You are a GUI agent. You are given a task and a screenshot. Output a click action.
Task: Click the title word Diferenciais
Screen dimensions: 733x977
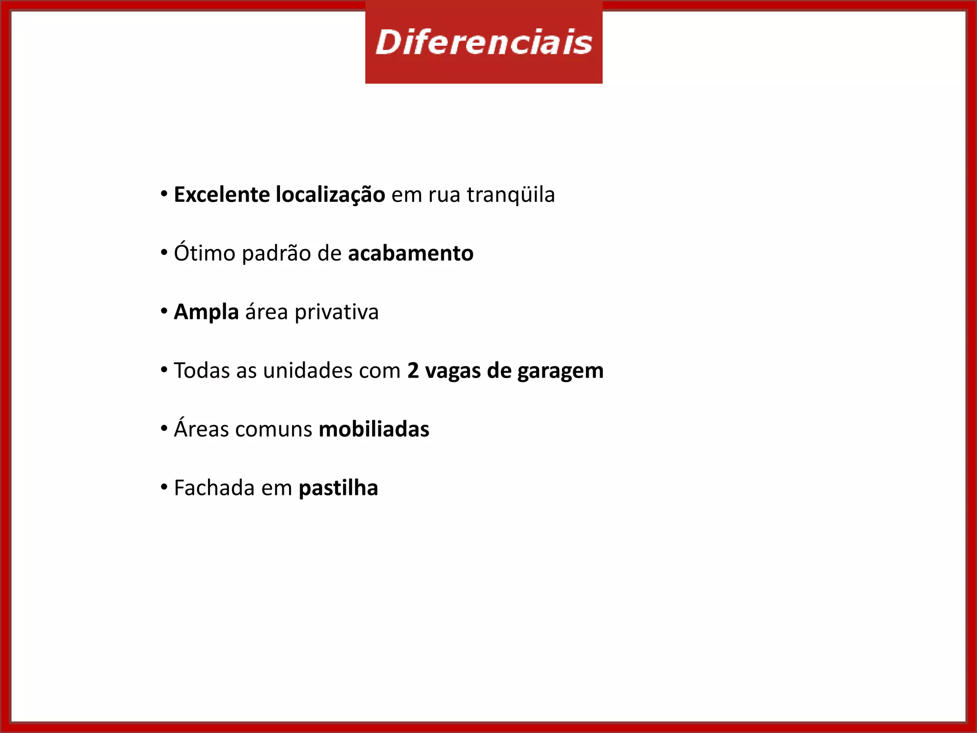(484, 42)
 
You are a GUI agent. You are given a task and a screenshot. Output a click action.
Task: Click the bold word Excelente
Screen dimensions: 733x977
(221, 195)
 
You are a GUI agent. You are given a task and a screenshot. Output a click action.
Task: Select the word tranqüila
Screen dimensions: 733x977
(510, 195)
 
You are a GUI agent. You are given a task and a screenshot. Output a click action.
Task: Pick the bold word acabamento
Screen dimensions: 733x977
(411, 253)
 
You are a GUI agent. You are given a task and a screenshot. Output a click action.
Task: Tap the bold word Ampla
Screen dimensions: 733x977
(206, 312)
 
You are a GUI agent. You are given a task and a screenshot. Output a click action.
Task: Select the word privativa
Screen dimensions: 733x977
(336, 312)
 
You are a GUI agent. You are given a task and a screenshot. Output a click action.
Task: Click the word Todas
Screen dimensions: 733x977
(201, 370)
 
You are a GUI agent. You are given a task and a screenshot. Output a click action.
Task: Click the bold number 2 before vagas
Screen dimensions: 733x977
(413, 370)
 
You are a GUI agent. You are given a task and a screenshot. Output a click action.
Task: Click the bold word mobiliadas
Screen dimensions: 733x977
(374, 429)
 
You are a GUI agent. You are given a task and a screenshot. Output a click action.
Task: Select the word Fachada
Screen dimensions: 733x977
(214, 488)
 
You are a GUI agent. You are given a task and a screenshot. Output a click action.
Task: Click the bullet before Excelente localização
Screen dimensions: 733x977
(164, 194)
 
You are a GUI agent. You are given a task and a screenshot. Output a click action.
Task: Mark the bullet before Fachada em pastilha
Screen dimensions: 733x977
(164, 487)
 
